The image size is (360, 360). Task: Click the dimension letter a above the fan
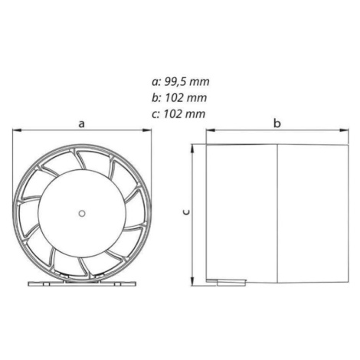(81, 124)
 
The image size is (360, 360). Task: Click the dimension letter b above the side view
(277, 123)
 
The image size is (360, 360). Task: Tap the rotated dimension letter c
(187, 212)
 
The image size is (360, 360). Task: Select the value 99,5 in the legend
(173, 82)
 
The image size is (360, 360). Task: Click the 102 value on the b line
(173, 98)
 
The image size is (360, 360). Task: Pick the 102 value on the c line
(172, 114)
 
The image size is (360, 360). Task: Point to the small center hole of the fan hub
(82, 214)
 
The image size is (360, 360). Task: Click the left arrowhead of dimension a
(17, 130)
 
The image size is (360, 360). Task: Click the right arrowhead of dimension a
(147, 130)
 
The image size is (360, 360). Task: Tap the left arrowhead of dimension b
(211, 130)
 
